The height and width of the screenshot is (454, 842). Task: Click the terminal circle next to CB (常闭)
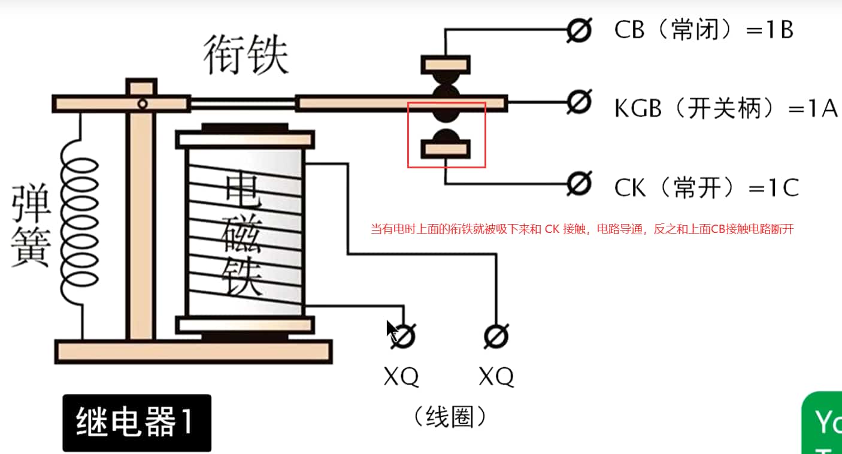coord(579,29)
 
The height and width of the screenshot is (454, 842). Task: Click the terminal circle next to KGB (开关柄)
coord(579,102)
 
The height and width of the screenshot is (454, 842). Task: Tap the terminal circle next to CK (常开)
coord(579,184)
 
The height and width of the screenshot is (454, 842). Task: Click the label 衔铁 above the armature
coord(246,55)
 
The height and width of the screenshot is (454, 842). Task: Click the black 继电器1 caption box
coord(137,422)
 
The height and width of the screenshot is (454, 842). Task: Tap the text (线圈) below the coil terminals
coord(449,417)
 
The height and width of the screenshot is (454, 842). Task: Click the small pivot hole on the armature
coord(142,104)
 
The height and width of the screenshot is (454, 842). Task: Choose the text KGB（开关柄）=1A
coord(725,108)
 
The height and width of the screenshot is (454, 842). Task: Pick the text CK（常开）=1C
coord(706,188)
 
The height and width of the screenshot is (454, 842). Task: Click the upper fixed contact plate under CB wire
coord(445,63)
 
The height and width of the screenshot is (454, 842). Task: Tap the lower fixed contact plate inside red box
coord(445,148)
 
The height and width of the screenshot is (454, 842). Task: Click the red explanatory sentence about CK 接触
coord(581,229)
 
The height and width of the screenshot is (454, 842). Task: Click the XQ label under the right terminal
coord(496,377)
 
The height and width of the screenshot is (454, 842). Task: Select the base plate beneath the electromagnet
coord(193,351)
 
